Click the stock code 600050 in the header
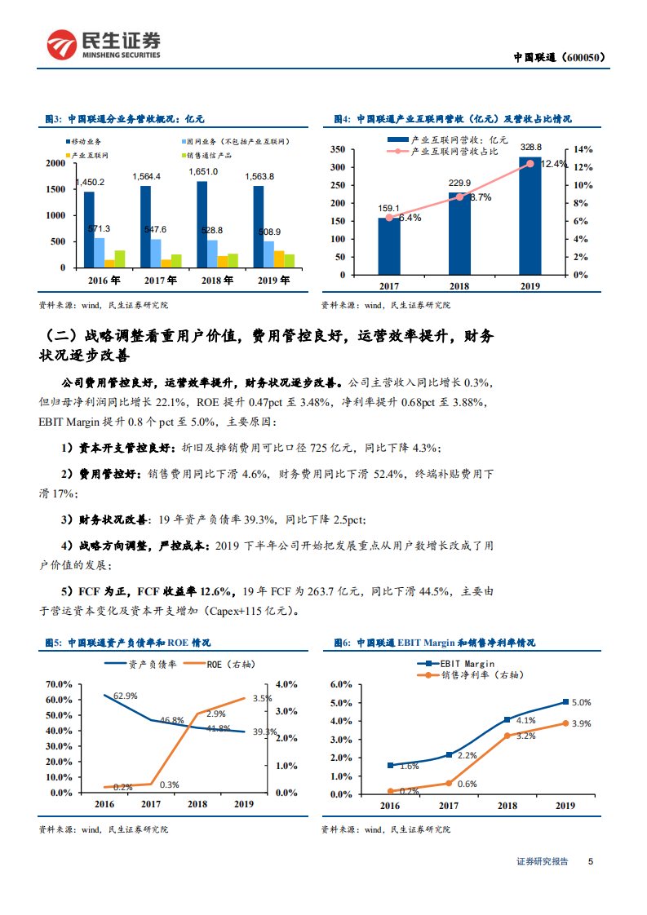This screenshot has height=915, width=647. click(x=580, y=57)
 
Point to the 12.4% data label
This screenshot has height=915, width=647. click(x=552, y=165)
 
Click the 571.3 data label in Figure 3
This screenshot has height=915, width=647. click(x=99, y=229)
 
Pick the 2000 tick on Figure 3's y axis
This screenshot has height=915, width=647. click(x=54, y=163)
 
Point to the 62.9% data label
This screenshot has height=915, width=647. click(x=125, y=696)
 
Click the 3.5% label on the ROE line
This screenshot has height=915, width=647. click(x=262, y=698)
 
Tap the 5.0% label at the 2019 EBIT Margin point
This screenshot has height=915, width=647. click(x=581, y=702)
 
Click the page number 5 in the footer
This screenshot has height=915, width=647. click(x=590, y=861)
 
